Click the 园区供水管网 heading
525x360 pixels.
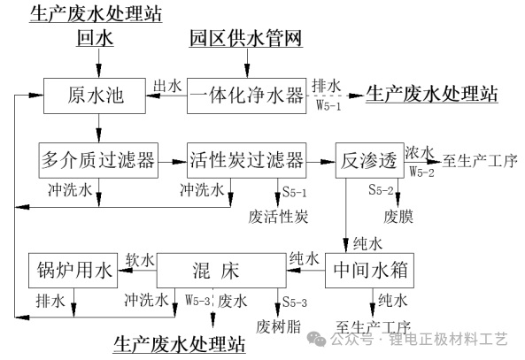[x=246, y=38]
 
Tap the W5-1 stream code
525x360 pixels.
[x=328, y=106]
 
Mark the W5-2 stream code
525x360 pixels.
[x=421, y=172]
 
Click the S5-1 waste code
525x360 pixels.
[x=294, y=192]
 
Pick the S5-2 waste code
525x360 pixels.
[x=381, y=189]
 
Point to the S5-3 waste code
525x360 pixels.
[x=294, y=303]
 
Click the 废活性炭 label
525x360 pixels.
[x=278, y=217]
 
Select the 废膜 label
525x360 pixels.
[x=398, y=217]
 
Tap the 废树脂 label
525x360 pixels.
[x=279, y=326]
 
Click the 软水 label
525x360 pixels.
[x=140, y=260]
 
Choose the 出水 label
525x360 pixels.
[x=167, y=86]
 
